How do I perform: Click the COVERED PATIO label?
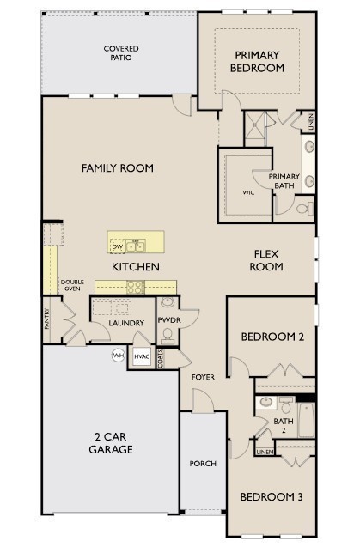(x=120, y=53)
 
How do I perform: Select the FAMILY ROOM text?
(x=118, y=168)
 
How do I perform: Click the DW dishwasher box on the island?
(x=118, y=247)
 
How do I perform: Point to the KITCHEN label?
(x=135, y=267)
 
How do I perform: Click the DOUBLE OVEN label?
(x=73, y=286)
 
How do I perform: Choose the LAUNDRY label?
(x=125, y=323)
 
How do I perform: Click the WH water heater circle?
(x=118, y=355)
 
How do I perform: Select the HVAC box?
(x=142, y=356)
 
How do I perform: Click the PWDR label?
(x=168, y=321)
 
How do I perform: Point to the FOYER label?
(x=203, y=376)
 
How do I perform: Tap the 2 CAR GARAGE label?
(x=113, y=442)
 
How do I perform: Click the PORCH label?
(x=203, y=464)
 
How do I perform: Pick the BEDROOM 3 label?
(x=272, y=497)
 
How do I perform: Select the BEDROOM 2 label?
(x=272, y=337)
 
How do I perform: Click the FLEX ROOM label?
(x=267, y=260)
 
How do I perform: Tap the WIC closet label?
(x=248, y=192)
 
